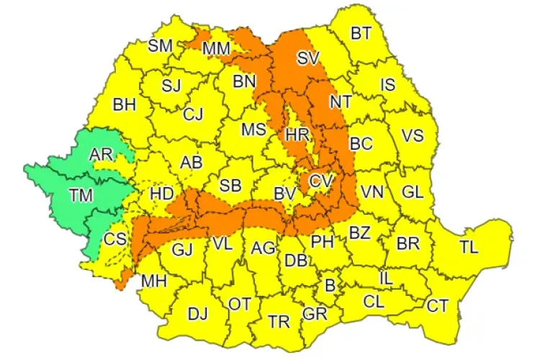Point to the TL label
coord(468,248)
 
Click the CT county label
coord(437,305)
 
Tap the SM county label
coord(160,45)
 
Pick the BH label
coord(124,104)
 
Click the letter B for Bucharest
coord(330,285)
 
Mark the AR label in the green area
coord(102,154)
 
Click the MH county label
coord(154,280)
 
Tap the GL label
coord(412,192)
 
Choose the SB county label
coord(230,185)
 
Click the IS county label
coord(388,85)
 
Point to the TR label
coord(279,322)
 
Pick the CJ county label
coord(192,114)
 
